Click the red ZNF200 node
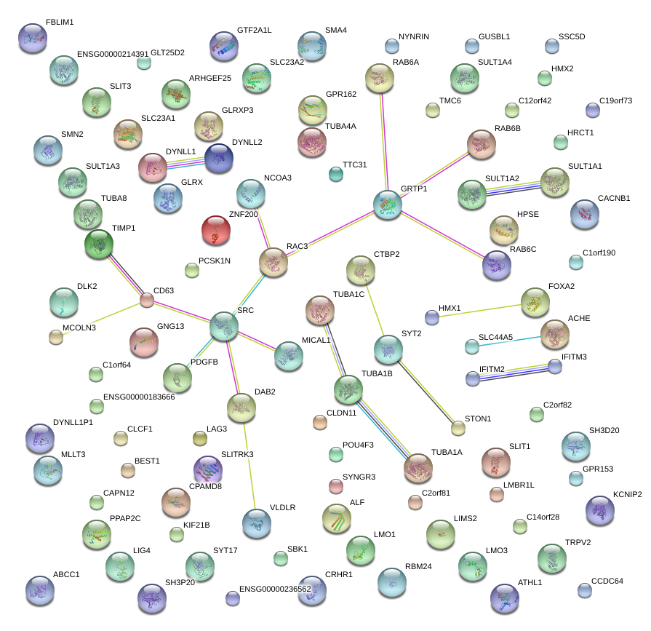coord(215,231)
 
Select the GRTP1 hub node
coord(388,205)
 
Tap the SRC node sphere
coord(223,327)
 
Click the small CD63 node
coord(147,299)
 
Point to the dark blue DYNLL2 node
coord(219,158)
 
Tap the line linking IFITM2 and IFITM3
coord(513,372)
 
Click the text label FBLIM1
coord(60,23)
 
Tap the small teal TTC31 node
coord(335,174)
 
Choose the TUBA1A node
coord(418,469)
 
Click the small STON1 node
coord(458,428)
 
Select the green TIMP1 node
coord(99,245)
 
